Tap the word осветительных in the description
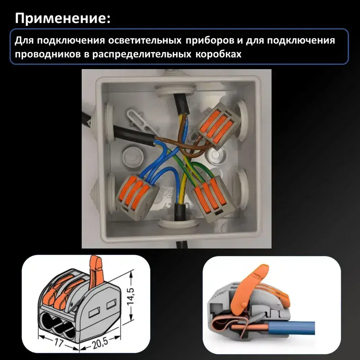click(x=145, y=40)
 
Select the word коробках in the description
click(x=219, y=54)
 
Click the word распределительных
click(x=141, y=54)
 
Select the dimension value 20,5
click(x=100, y=343)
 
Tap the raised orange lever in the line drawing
click(x=96, y=271)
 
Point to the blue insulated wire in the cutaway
click(x=292, y=328)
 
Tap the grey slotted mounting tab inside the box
click(x=141, y=122)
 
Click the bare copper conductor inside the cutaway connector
click(x=249, y=327)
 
